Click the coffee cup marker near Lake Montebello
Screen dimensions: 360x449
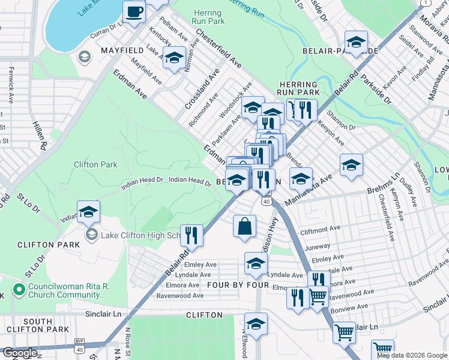pyautogui.click(x=134, y=11)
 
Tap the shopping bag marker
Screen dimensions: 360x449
pyautogui.click(x=244, y=227)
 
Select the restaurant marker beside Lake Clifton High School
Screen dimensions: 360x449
pyautogui.click(x=191, y=235)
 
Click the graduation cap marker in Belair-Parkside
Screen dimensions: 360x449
pyautogui.click(x=356, y=43)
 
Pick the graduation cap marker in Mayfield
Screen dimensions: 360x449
pyautogui.click(x=174, y=59)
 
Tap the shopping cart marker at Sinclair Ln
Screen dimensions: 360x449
pyautogui.click(x=344, y=331)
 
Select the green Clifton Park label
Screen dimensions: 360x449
pyautogui.click(x=95, y=164)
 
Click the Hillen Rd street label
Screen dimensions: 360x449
pyautogui.click(x=43, y=136)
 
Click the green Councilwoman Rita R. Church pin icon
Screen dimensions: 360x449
pyautogui.click(x=19, y=290)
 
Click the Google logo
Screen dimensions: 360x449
pyautogui.click(x=20, y=353)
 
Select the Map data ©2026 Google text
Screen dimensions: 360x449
pyautogui.click(x=411, y=355)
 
